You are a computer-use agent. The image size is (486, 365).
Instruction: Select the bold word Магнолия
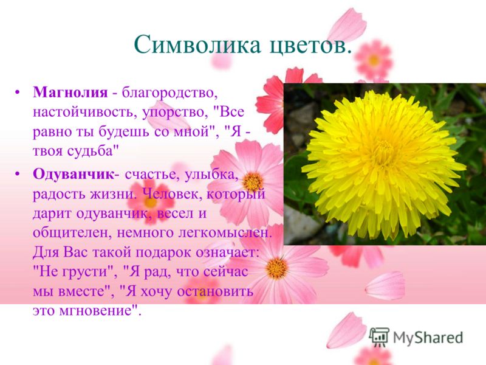click(70, 92)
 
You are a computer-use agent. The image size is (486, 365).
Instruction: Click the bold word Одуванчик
click(74, 174)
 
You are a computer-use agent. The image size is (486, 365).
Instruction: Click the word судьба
click(98, 151)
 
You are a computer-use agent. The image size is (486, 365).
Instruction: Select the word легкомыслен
click(225, 233)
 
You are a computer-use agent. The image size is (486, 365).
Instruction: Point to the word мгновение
click(98, 310)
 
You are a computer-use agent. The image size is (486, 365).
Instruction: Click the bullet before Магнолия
click(18, 92)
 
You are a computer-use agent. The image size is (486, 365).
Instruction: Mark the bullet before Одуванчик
click(18, 174)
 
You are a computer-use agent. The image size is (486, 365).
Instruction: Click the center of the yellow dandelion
click(383, 164)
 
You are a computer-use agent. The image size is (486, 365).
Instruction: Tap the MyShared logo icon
click(379, 337)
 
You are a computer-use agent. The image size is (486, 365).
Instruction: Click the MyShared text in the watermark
click(428, 338)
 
